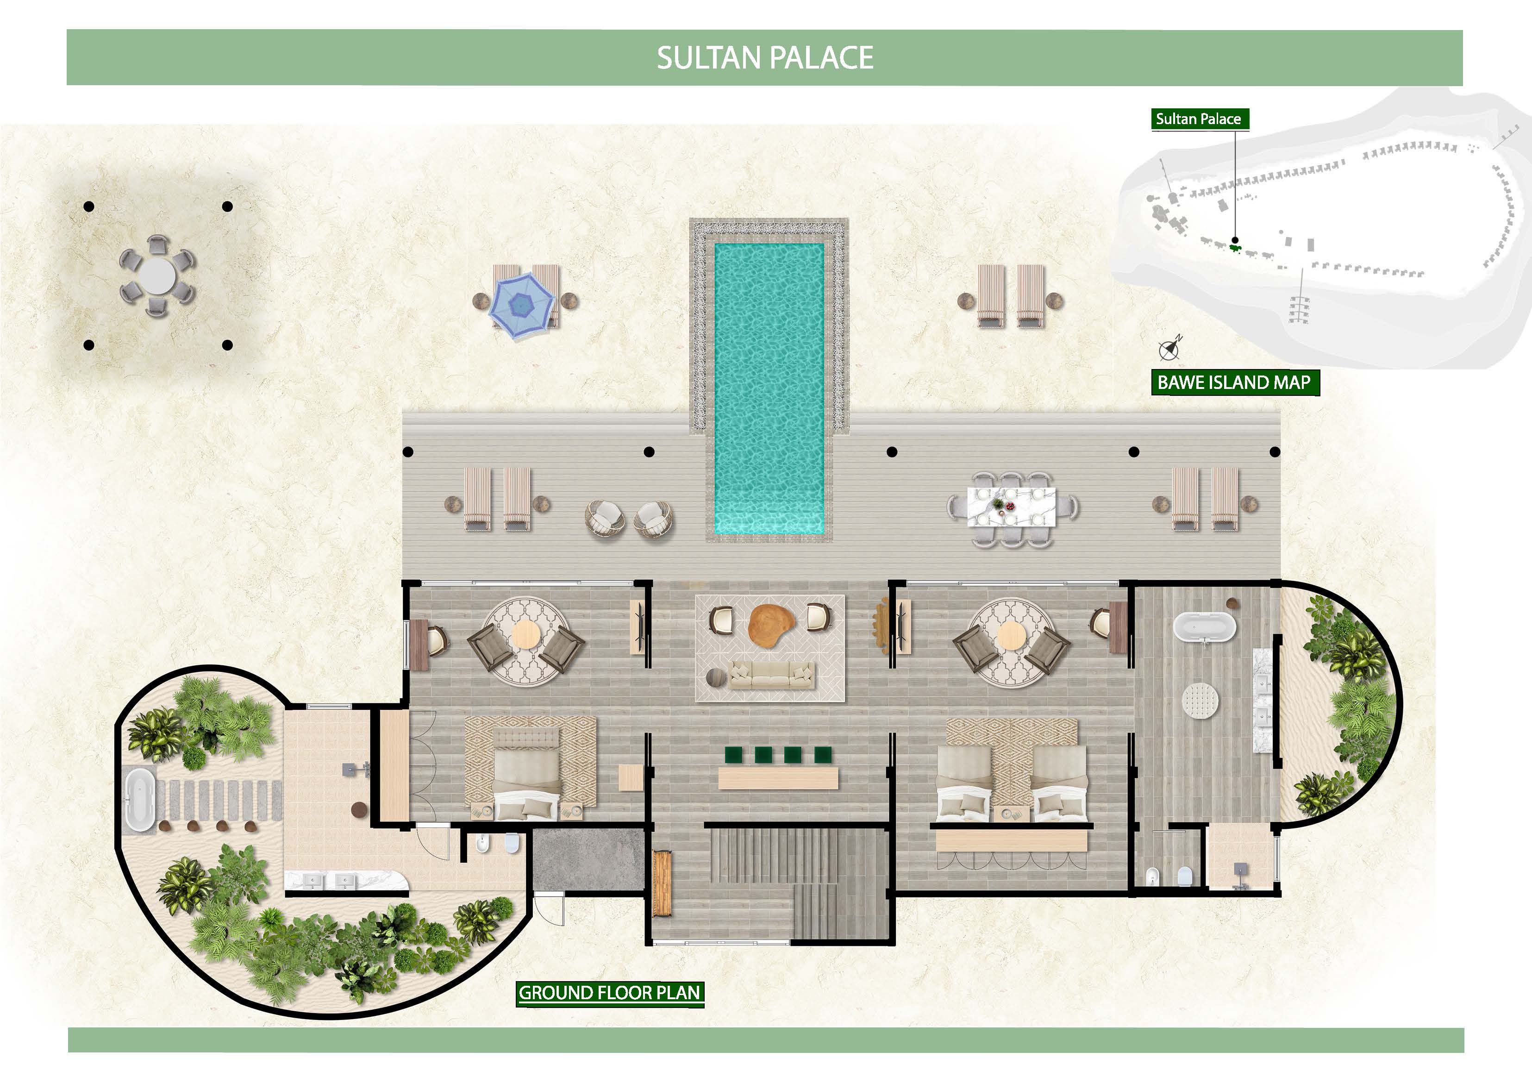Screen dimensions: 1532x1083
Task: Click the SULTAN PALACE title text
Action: point(765,58)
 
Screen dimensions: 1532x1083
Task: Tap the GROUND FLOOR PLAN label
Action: point(609,992)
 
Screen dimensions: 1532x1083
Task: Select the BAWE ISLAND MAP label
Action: point(1234,382)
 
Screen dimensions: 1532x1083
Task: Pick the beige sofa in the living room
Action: point(771,675)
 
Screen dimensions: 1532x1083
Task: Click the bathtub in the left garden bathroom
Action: point(141,800)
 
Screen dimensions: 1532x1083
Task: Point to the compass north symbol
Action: point(1169,348)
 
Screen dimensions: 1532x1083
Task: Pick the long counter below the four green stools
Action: point(778,778)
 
